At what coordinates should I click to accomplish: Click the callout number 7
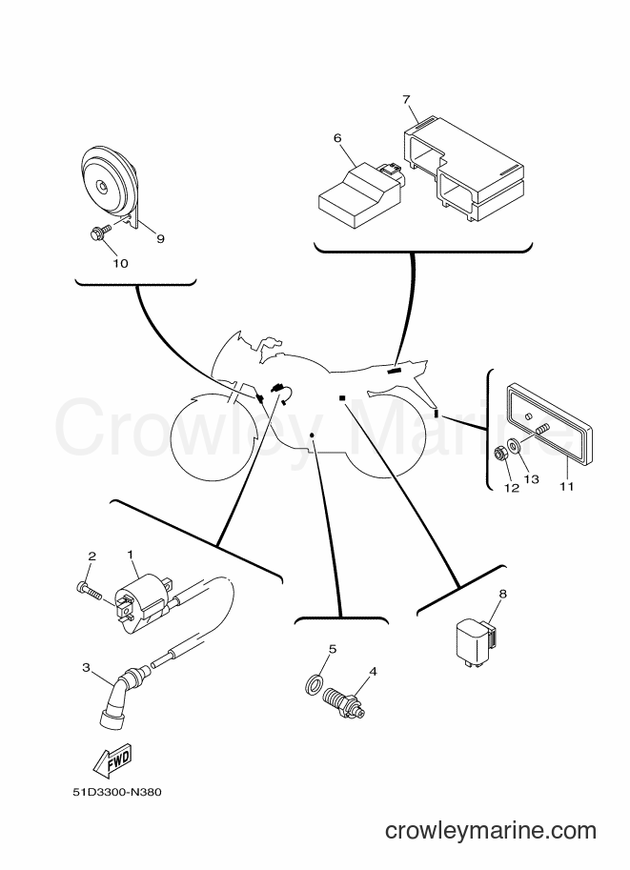coord(406,99)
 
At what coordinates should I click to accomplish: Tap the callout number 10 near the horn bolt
coord(120,264)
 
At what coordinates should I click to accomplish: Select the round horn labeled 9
coord(110,185)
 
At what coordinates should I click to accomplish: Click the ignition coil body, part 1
coord(144,606)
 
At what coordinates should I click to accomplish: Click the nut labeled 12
coord(500,455)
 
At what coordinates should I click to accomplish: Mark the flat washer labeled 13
coord(514,446)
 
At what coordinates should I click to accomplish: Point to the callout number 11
coord(565,487)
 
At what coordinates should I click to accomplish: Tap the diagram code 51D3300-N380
coord(117,792)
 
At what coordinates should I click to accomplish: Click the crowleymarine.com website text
coord(491,831)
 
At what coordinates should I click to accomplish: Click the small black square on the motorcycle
coord(342,397)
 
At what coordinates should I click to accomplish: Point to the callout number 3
coord(86,667)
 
